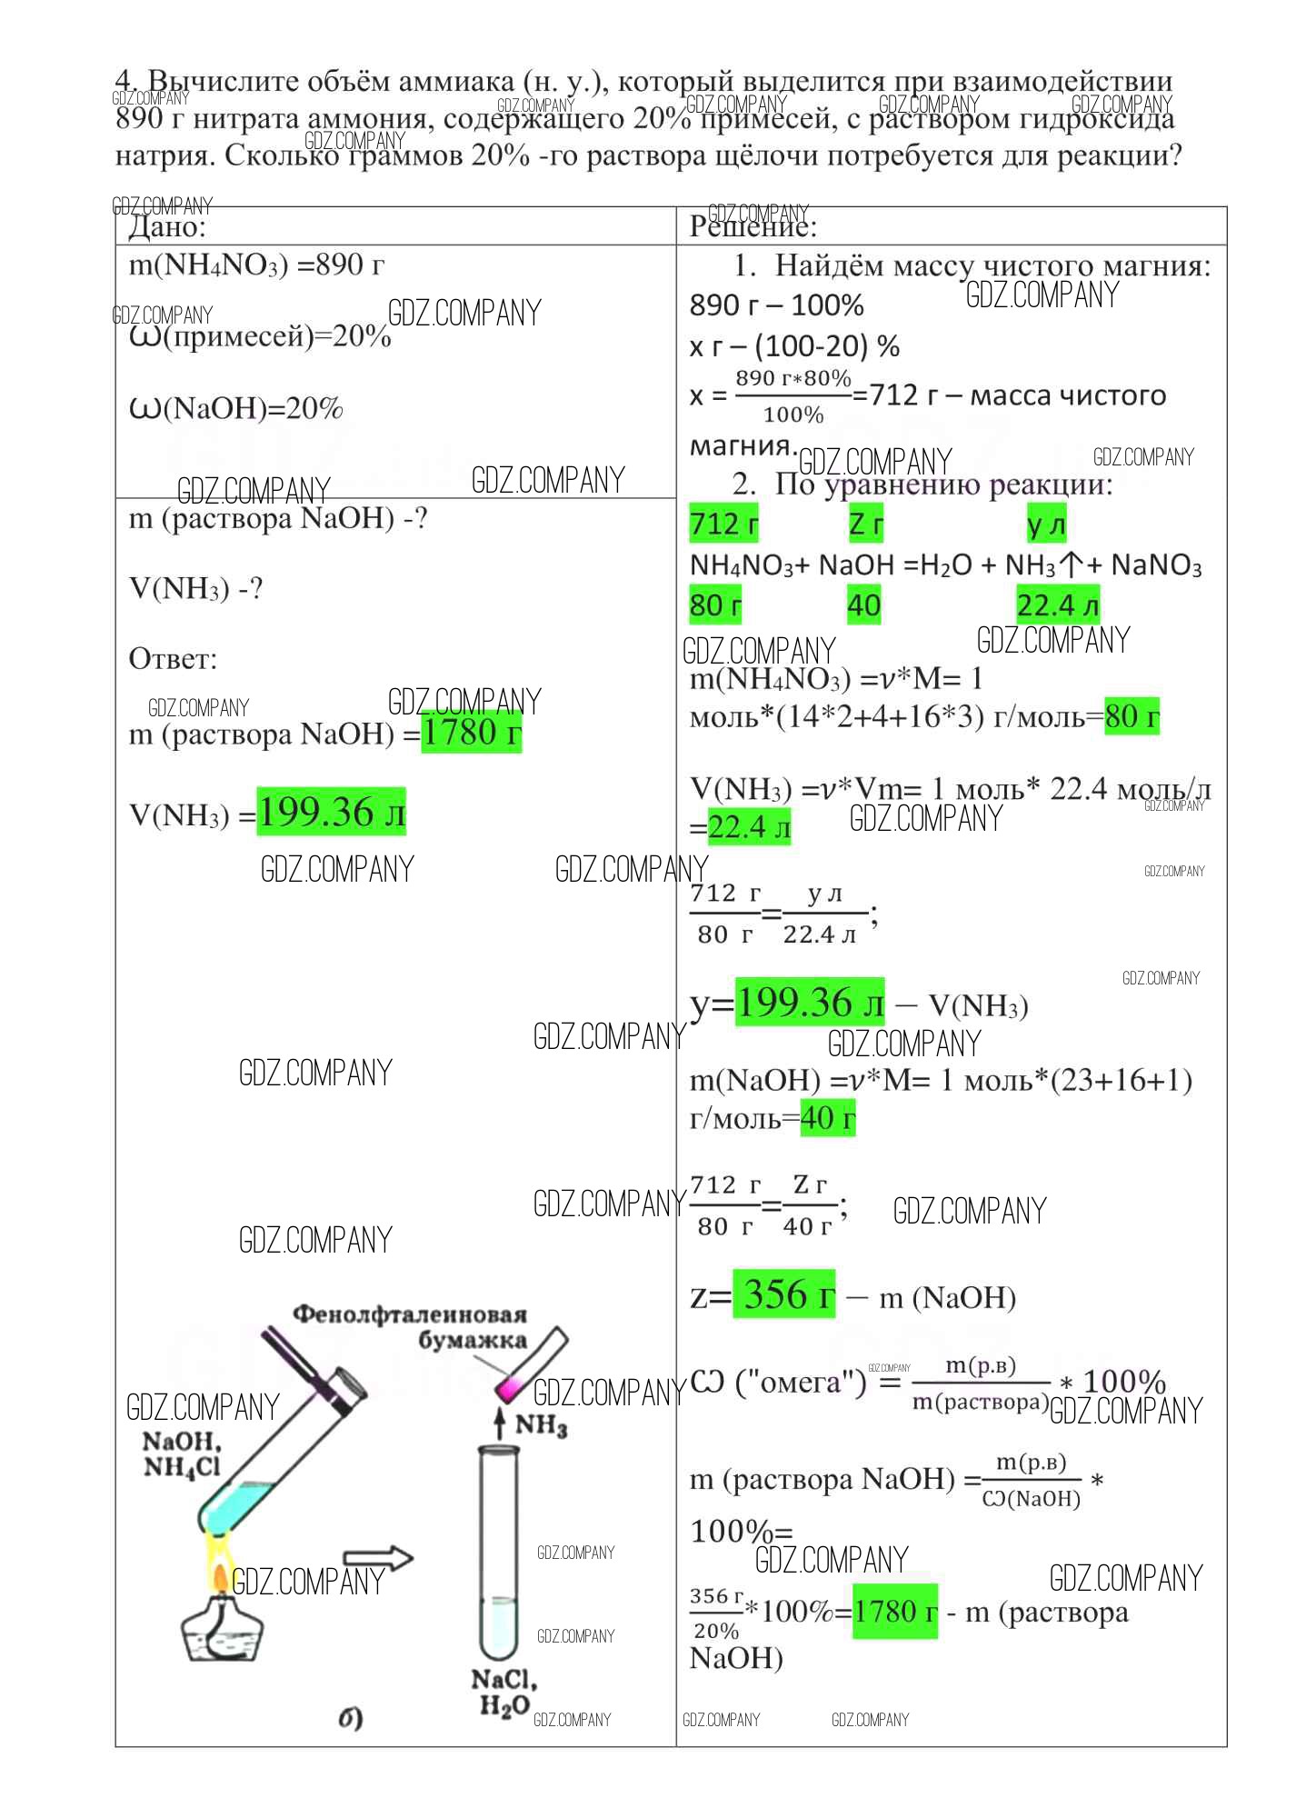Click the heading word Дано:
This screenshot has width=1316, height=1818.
(167, 226)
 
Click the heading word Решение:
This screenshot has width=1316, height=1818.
(753, 226)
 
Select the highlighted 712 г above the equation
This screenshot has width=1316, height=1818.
(723, 524)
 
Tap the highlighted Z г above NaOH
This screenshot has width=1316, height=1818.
(865, 524)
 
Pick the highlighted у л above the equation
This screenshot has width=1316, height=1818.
(1045, 524)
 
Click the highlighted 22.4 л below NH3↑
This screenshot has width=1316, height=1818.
(1058, 605)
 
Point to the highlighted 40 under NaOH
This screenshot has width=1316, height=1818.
(863, 605)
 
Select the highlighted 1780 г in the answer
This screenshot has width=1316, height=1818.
(471, 733)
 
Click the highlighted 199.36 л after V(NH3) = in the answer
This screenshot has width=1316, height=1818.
(331, 812)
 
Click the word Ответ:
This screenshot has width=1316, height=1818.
(174, 659)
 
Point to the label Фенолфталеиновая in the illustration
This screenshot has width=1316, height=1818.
(409, 1314)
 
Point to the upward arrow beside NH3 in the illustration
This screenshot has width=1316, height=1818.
(498, 1423)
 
